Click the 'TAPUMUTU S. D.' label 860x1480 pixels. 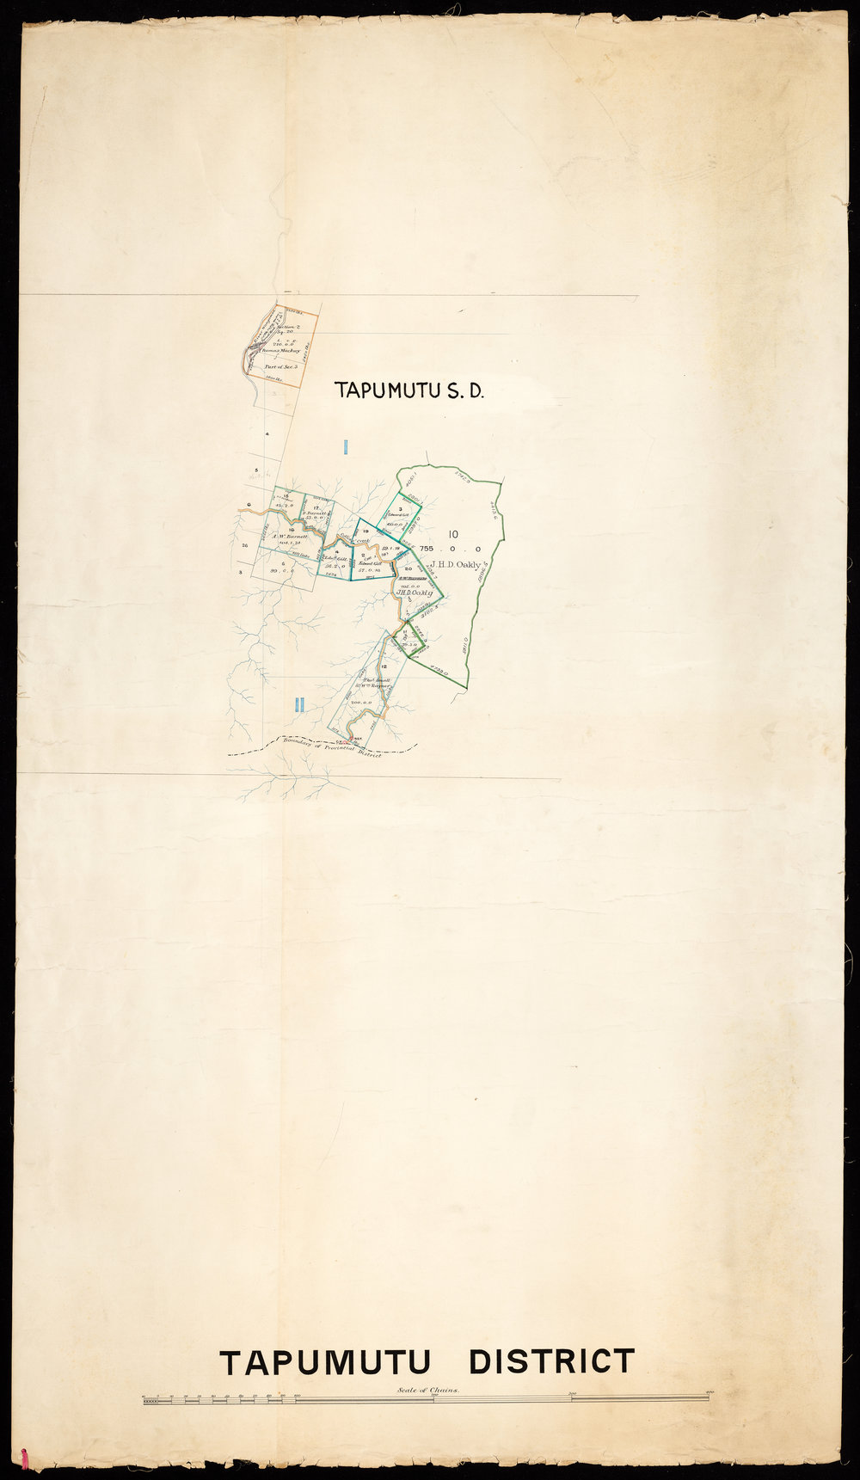coord(410,391)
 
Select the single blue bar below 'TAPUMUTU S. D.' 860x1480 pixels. coord(344,446)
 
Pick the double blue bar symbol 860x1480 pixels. coord(298,704)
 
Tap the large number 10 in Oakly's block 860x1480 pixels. coord(453,533)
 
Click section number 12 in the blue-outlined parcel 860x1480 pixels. coord(382,666)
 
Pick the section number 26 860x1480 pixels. coord(245,546)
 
